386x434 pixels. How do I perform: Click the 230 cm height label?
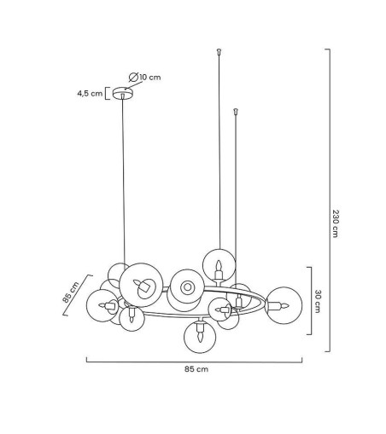[x=336, y=223]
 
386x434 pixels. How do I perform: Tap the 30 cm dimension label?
[x=318, y=301]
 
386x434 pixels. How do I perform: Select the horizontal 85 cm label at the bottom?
[x=196, y=369]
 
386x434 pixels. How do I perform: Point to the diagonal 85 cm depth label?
[x=71, y=292]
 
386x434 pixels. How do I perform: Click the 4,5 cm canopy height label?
[x=90, y=94]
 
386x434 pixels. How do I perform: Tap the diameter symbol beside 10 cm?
[x=133, y=78]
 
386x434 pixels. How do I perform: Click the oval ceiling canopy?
[x=123, y=93]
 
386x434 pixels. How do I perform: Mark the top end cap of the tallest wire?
[x=219, y=51]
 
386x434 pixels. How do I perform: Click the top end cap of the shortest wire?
[x=236, y=111]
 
